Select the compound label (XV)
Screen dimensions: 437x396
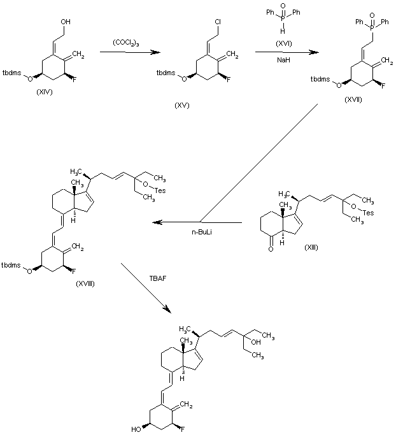point(183,104)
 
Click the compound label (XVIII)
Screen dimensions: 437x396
point(85,283)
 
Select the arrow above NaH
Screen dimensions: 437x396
point(279,52)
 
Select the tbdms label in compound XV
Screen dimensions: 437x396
point(164,75)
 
